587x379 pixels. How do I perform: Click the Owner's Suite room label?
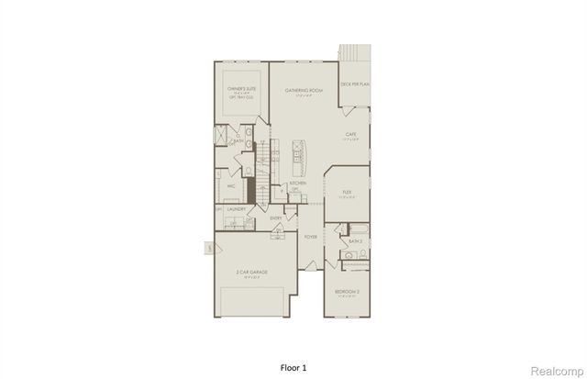(240, 90)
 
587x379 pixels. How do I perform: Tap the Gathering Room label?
(305, 90)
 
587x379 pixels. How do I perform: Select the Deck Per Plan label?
(354, 84)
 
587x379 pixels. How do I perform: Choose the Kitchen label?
(297, 184)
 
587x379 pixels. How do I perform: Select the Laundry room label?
(237, 209)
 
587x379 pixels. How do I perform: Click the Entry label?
(276, 217)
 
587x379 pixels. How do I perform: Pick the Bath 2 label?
(354, 241)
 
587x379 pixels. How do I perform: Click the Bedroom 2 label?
(346, 293)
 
